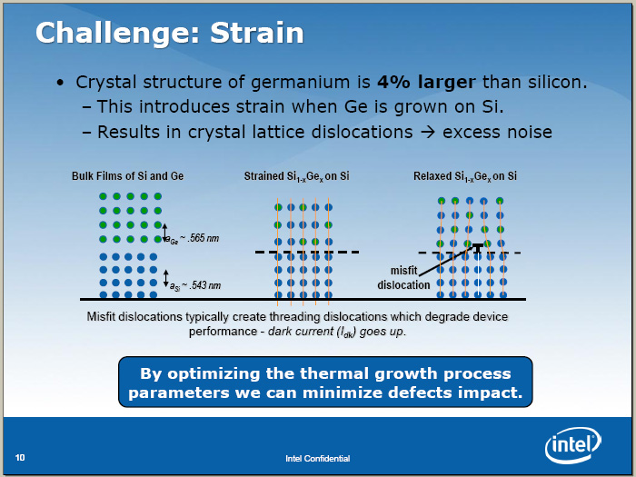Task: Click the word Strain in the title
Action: point(257,33)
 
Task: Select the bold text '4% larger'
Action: point(426,83)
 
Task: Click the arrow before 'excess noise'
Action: point(428,133)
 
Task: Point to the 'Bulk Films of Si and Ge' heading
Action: point(128,176)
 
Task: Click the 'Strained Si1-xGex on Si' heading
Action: point(296,176)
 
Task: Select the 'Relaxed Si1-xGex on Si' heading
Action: point(465,176)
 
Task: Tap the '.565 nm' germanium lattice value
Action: point(204,238)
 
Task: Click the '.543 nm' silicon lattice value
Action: point(205,285)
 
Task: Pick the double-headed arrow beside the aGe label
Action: point(164,233)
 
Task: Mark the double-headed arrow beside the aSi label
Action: point(165,278)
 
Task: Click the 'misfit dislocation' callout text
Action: point(403,278)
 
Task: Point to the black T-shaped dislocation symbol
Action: point(478,247)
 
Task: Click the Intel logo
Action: point(572,445)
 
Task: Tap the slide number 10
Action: point(20,458)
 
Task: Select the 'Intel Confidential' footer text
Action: point(318,458)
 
